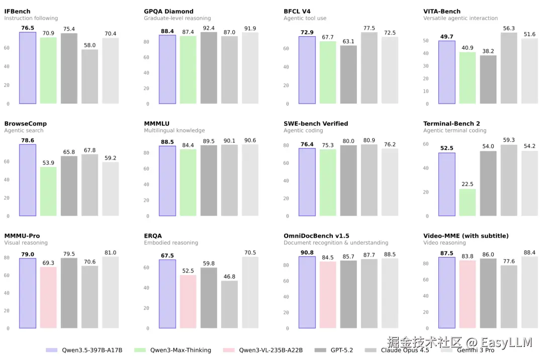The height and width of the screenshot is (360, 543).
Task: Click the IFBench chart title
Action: point(17,11)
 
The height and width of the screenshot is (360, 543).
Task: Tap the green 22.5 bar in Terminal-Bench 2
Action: point(467,202)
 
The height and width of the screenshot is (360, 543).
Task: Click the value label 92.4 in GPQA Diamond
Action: point(209,28)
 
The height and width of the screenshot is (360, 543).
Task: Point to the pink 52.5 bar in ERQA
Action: point(188,301)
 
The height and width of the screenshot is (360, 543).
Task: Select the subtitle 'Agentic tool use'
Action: point(305,19)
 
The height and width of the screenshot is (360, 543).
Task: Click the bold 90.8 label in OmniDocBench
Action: point(307,252)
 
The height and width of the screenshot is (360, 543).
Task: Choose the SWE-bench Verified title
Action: point(316,124)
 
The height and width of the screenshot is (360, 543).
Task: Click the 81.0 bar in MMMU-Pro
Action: point(111,293)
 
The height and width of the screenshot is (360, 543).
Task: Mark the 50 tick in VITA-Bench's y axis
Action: point(426,41)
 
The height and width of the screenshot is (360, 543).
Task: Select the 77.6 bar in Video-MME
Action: point(509,297)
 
